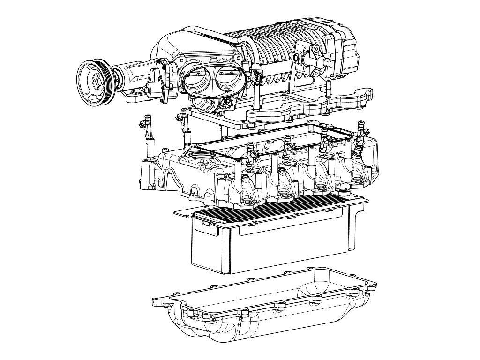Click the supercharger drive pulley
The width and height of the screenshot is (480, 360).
click(97, 82)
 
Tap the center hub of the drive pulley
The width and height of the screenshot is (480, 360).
click(97, 81)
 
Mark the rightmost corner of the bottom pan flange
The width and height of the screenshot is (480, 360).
click(374, 283)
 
